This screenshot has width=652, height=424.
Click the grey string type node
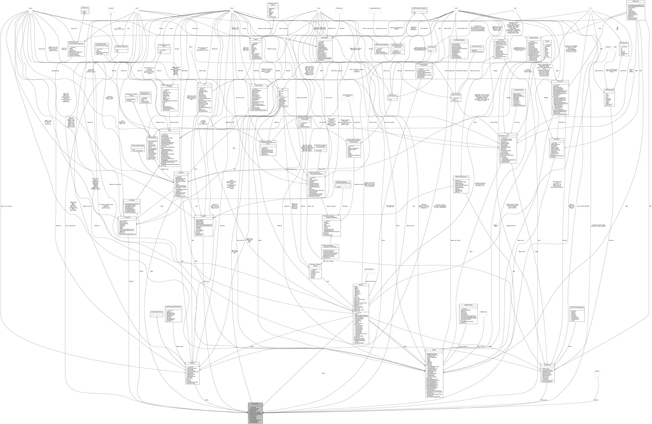pyautogui.click(x=31, y=8)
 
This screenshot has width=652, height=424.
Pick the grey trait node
pyautogui.click(x=515, y=8)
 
